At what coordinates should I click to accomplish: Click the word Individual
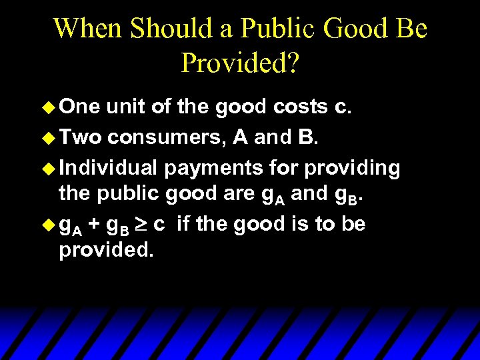point(109,167)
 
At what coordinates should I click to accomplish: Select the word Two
point(80,137)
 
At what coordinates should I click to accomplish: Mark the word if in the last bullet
point(184,224)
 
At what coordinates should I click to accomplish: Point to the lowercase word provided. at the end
point(101,252)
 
